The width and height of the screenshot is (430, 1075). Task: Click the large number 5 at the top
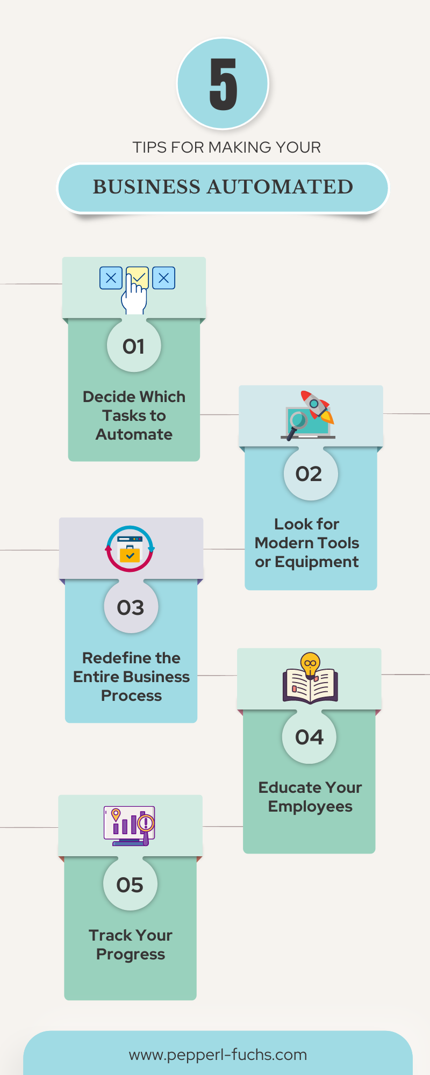pyautogui.click(x=223, y=84)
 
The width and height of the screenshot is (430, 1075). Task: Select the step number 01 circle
pyautogui.click(x=134, y=346)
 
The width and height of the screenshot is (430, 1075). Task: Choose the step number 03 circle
pyautogui.click(x=131, y=607)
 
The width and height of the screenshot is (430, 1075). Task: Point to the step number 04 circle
pyautogui.click(x=310, y=737)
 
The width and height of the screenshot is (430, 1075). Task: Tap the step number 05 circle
pyautogui.click(x=130, y=884)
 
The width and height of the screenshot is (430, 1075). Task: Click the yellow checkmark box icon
pyautogui.click(x=138, y=278)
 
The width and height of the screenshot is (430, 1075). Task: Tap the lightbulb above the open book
pyautogui.click(x=310, y=664)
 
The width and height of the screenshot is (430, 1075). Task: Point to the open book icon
pyautogui.click(x=310, y=686)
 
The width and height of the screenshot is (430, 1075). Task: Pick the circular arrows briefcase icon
pyautogui.click(x=130, y=549)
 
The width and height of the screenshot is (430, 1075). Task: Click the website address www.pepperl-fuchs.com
pyautogui.click(x=218, y=1055)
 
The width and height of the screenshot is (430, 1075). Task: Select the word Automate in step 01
pyautogui.click(x=134, y=434)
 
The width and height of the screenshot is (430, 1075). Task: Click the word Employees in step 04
pyautogui.click(x=310, y=807)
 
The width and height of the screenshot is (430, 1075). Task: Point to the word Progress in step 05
pyautogui.click(x=131, y=955)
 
